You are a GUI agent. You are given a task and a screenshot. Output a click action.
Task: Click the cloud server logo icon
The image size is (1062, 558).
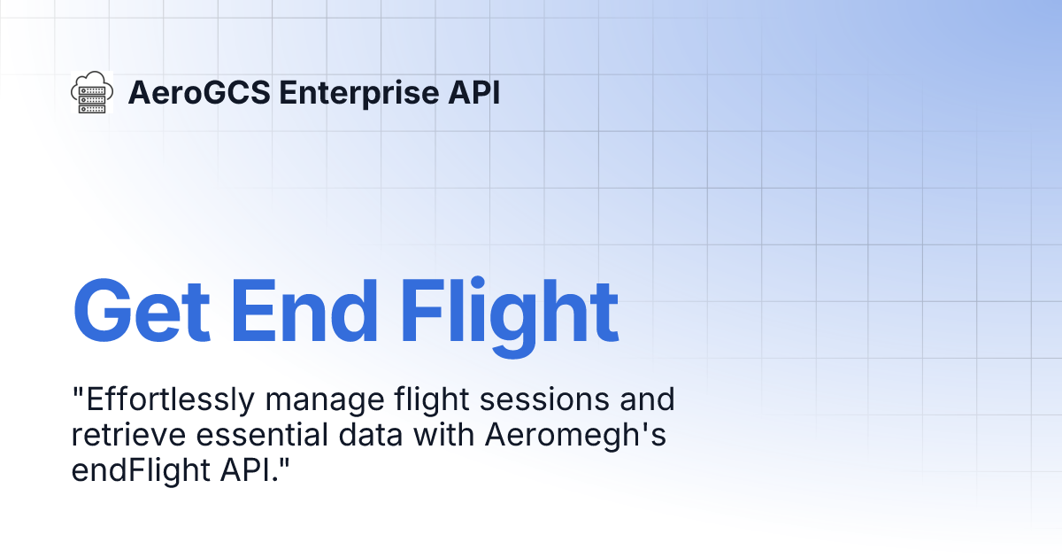(x=91, y=92)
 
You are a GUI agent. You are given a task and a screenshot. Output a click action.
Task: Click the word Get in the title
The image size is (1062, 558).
(x=142, y=312)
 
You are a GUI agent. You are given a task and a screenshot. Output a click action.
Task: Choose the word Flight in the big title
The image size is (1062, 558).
(x=509, y=312)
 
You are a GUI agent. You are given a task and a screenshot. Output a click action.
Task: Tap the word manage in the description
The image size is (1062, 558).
(x=325, y=401)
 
